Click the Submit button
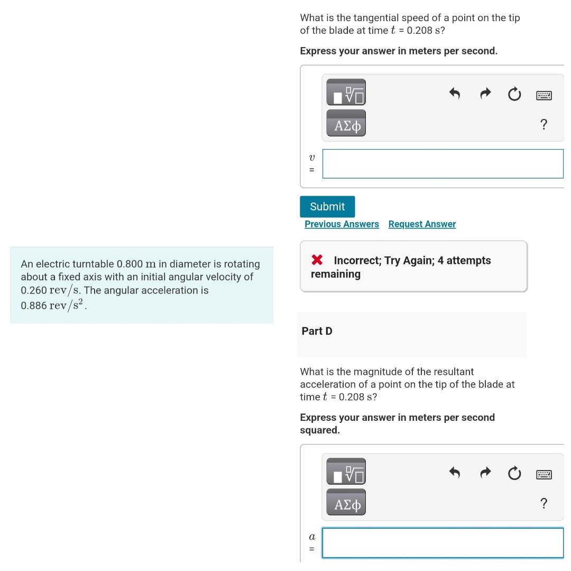click(x=327, y=207)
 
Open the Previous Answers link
click(x=342, y=224)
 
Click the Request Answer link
click(x=422, y=224)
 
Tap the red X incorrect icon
click(x=317, y=260)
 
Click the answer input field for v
click(x=443, y=164)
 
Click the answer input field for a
click(x=443, y=543)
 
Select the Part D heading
click(x=317, y=331)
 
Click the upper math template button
click(x=346, y=92)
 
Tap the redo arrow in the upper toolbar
click(x=485, y=95)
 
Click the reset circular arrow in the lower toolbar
click(x=514, y=474)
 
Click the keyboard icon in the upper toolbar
click(x=544, y=96)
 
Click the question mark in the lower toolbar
click(x=544, y=503)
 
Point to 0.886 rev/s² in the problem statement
click(x=53, y=305)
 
